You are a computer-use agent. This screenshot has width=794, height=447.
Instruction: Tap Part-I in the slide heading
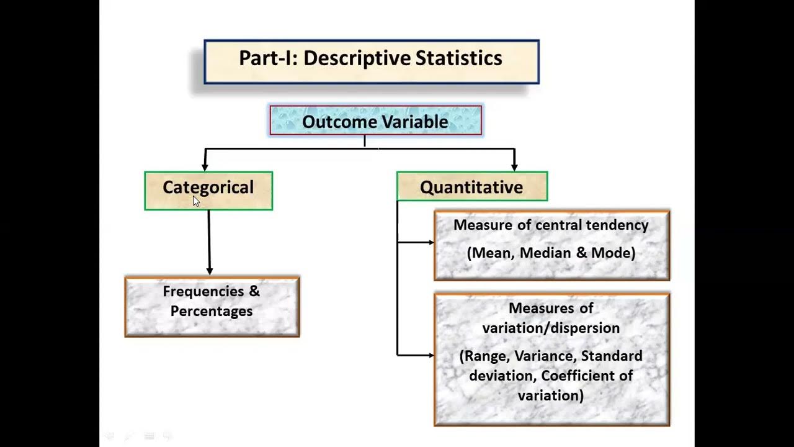pos(268,58)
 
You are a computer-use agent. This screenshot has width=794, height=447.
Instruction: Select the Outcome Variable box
pos(375,121)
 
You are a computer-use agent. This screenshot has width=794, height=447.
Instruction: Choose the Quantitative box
pos(471,187)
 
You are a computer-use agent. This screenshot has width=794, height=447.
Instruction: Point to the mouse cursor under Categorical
pos(195,200)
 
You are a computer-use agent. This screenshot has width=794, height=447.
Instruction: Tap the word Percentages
pos(212,311)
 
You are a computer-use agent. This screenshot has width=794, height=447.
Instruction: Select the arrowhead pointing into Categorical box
pos(205,166)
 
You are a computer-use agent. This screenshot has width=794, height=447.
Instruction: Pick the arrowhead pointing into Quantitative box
pos(514,166)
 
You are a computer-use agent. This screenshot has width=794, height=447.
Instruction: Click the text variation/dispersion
pos(551,328)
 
